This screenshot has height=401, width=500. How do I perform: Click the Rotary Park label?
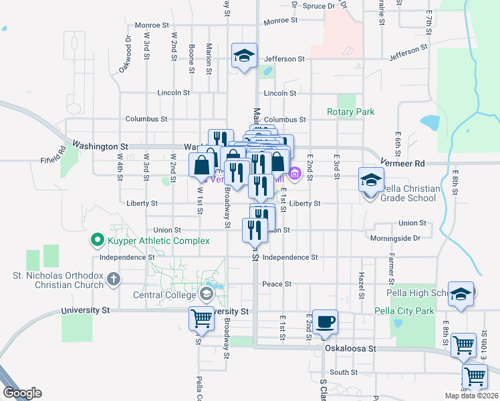[x=351, y=112]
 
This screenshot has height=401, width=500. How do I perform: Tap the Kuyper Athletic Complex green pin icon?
[x=97, y=239]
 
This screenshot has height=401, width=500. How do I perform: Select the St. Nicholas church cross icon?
[x=114, y=278]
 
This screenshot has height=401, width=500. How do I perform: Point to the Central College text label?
[x=166, y=295]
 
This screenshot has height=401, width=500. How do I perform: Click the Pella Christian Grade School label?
[x=410, y=193]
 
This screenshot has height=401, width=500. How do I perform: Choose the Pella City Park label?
[x=404, y=311]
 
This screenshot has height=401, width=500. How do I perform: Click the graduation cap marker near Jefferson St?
[x=245, y=55]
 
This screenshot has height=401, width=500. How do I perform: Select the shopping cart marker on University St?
[x=201, y=319]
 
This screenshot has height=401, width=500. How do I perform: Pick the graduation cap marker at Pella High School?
[x=461, y=294]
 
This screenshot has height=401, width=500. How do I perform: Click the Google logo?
[x=21, y=393]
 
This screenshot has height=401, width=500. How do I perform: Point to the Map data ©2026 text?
[x=471, y=396]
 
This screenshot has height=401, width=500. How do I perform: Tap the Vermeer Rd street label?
[x=402, y=163]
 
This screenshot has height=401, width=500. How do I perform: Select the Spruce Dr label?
[x=318, y=6]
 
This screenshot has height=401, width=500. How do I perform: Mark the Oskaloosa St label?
[x=350, y=348]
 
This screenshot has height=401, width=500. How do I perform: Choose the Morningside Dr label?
[x=396, y=238]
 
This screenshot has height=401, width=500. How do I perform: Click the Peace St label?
[x=277, y=284]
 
